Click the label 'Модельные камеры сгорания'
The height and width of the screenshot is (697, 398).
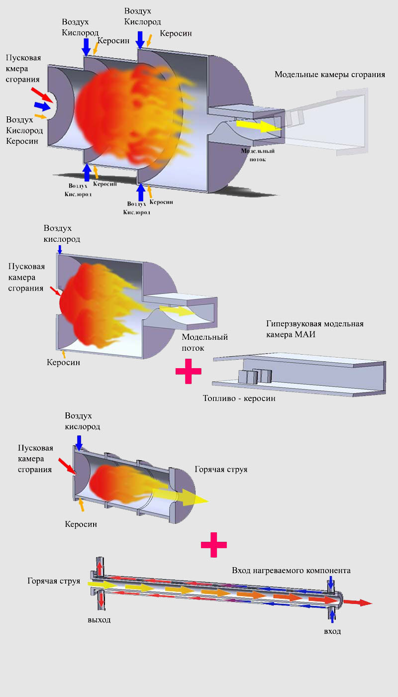pos(330,75)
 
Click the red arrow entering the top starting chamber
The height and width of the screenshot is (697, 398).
pos(40,95)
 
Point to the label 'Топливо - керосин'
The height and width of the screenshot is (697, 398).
pos(239,398)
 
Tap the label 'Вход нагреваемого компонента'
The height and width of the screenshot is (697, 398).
pos(291,570)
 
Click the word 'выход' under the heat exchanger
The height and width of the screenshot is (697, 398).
pos(99,620)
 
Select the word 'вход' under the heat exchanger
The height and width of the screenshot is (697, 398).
pos(332,631)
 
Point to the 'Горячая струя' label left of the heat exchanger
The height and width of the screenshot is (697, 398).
pos(54,581)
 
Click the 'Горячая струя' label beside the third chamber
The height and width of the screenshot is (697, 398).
pos(221,469)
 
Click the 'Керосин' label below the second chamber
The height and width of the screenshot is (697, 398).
pos(63,363)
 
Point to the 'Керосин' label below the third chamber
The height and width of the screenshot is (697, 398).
pos(81,524)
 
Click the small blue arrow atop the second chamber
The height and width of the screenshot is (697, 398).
pos(60,249)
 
